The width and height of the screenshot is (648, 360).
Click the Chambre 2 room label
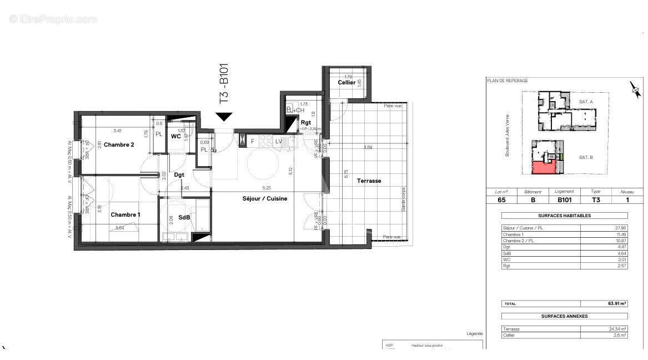(119, 145)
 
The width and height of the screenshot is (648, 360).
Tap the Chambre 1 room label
(125, 214)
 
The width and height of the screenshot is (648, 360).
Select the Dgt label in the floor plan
(179, 174)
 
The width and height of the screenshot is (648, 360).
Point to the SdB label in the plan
(184, 217)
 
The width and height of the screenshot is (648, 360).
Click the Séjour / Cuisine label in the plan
(264, 198)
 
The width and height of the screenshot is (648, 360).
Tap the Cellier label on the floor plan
(346, 83)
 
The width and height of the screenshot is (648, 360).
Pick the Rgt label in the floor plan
(306, 122)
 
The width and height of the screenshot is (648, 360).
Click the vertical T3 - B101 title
(224, 84)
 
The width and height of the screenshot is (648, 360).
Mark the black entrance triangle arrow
(224, 117)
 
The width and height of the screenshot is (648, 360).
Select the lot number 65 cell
(501, 200)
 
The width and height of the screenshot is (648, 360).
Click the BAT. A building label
(586, 102)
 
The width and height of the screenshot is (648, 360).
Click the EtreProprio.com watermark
(53, 19)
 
